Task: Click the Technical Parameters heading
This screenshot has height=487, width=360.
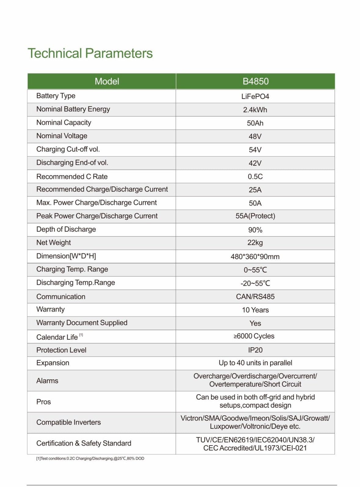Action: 90,53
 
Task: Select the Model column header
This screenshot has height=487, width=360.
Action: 107,81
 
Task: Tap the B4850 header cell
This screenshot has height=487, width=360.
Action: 255,81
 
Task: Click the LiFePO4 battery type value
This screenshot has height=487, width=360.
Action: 255,96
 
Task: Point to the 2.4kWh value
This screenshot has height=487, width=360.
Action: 255,110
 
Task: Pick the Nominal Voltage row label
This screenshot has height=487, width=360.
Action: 62,136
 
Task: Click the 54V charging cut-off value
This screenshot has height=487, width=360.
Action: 255,150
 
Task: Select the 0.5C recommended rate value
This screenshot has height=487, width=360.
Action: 255,177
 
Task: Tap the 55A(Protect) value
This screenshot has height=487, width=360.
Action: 255,216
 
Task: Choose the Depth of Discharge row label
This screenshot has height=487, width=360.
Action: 66,229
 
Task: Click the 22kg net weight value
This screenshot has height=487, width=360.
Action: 255,243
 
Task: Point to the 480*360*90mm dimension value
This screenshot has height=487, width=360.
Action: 255,257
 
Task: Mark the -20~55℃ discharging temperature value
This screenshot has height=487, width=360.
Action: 255,283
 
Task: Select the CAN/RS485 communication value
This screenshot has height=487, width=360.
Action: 255,297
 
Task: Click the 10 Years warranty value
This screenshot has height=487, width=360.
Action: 255,310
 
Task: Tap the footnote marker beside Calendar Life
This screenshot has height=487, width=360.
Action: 81,335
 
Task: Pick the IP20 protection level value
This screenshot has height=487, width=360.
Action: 255,350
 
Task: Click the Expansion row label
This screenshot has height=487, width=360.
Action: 53,363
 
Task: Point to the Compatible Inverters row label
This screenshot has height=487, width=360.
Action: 68,422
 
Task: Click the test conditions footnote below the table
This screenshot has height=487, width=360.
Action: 90,458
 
